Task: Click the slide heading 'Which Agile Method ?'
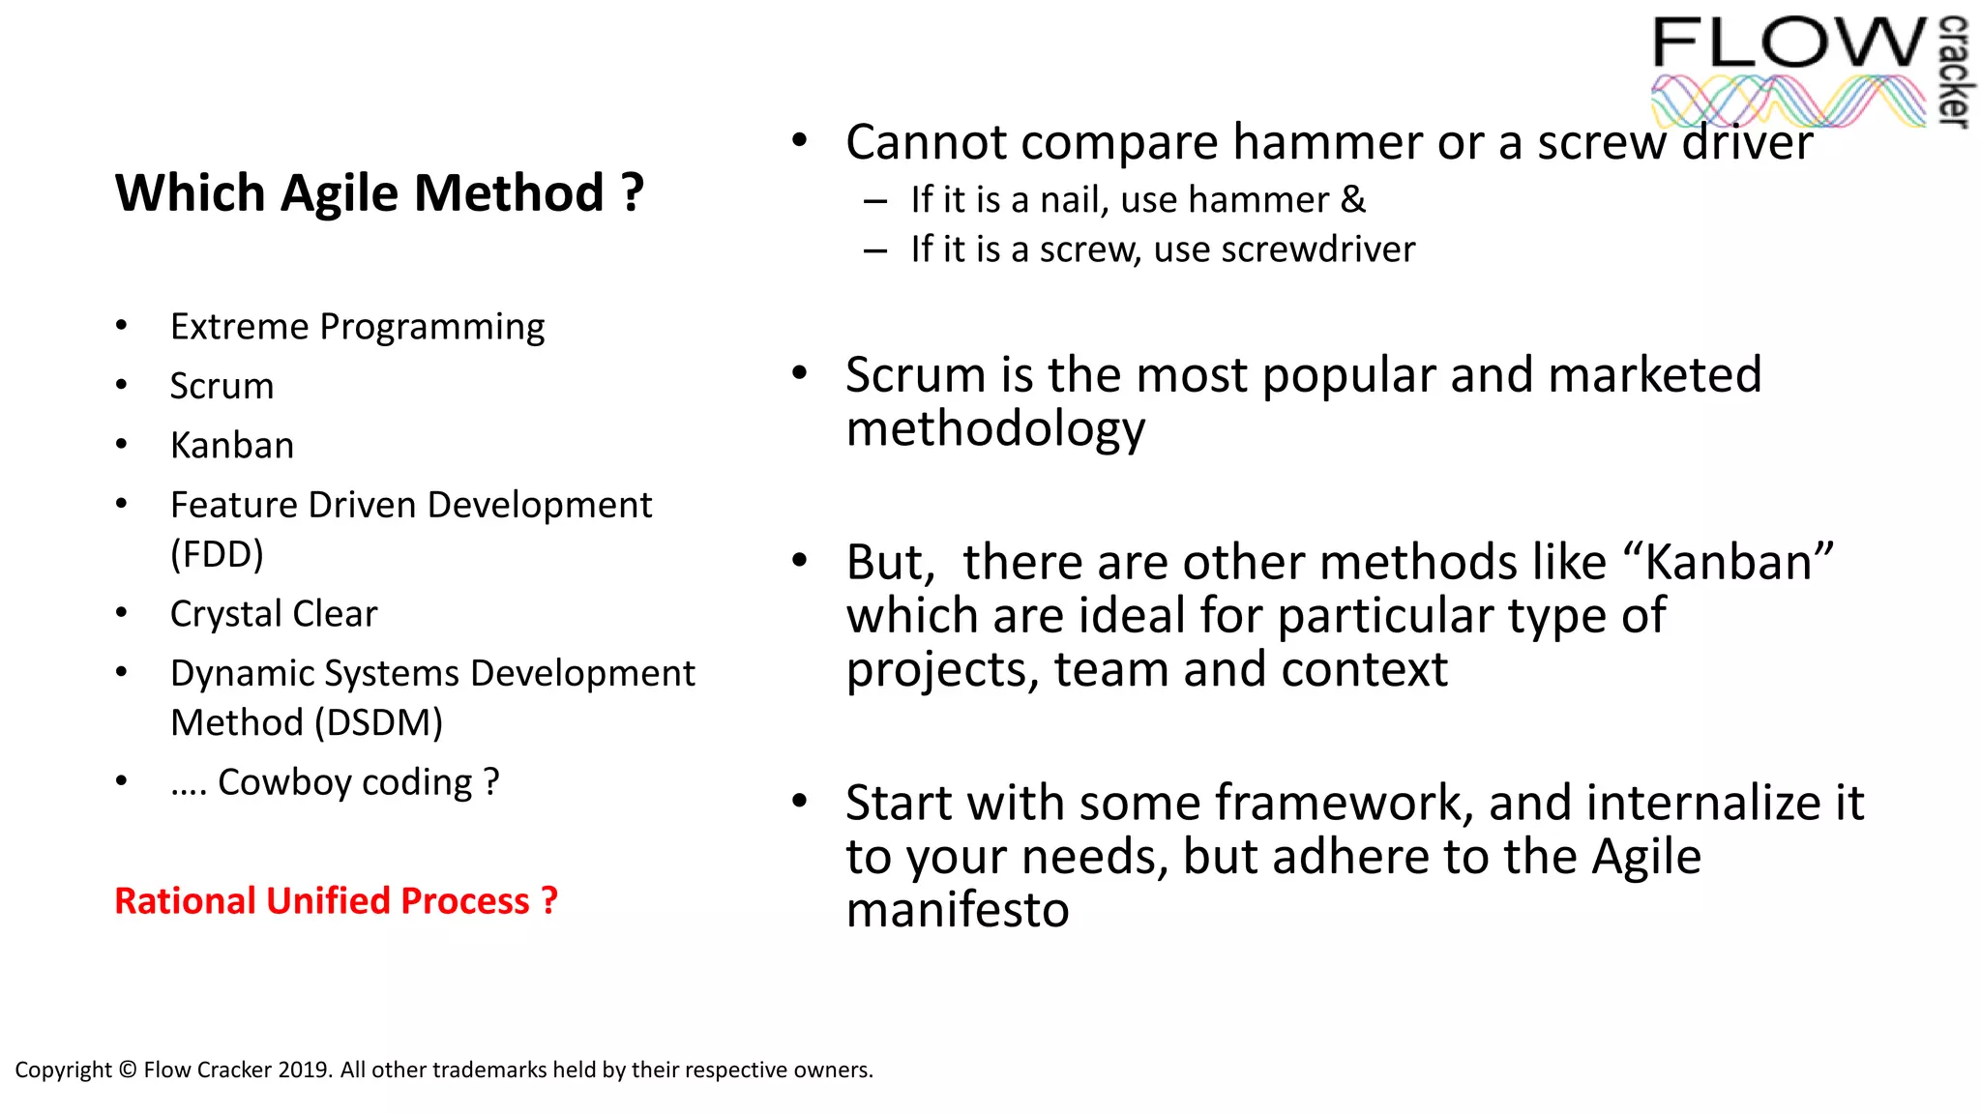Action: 379,193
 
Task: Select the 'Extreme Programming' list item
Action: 357,327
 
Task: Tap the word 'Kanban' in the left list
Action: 232,446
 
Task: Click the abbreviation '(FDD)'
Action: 217,555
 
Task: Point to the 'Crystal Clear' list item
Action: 274,614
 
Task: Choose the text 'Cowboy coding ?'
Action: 359,782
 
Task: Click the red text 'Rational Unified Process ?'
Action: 336,901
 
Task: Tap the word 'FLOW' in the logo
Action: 1789,44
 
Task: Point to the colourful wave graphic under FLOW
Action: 1789,102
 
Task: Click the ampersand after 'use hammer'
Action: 1353,200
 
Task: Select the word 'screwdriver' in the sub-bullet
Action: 1318,249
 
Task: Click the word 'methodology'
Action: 995,429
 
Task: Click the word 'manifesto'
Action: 958,910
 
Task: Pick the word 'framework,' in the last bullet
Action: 1345,803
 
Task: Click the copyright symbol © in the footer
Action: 128,1070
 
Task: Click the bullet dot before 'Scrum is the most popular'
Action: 799,373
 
